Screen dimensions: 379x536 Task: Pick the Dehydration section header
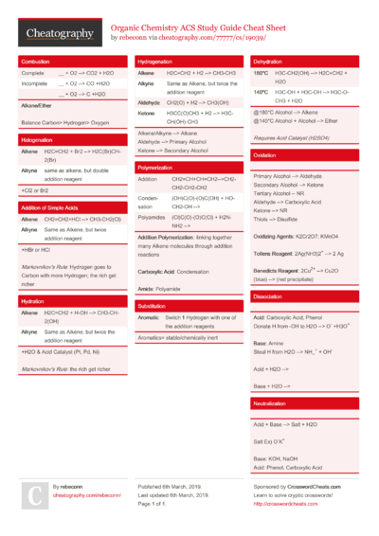click(268, 61)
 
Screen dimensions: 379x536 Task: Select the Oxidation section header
click(264, 154)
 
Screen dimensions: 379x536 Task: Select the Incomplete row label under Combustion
click(35, 83)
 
